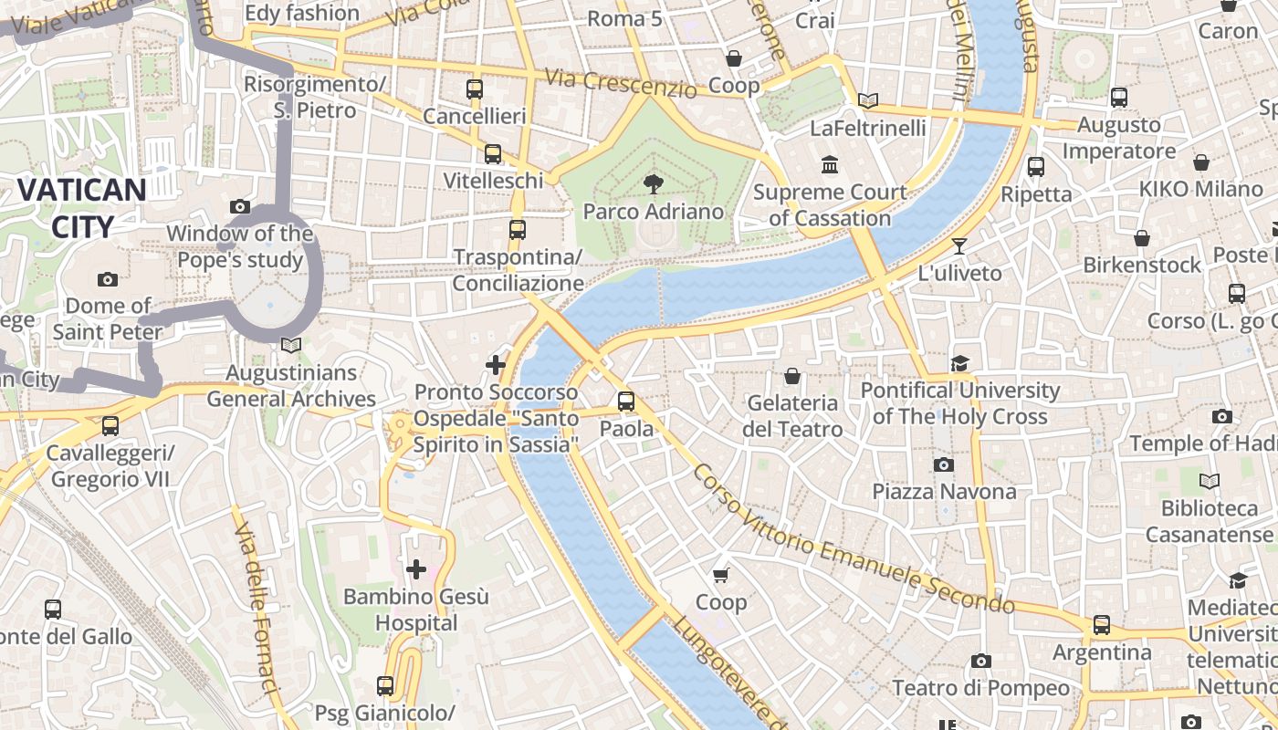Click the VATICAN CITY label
point(82,208)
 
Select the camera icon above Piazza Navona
point(944,464)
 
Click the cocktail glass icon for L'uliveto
point(958,245)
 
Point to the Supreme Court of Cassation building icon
point(830,165)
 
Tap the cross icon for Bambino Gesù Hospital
point(416,570)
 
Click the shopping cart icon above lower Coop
point(721,575)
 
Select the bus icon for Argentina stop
point(1102,625)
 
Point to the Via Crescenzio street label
point(621,82)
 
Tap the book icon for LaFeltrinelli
point(868,100)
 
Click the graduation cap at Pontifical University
point(959,364)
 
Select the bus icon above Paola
point(626,401)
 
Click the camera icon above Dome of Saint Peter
point(108,279)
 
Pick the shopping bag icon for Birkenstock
point(1142,238)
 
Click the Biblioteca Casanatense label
point(1210,521)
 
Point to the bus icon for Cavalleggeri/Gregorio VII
point(110,425)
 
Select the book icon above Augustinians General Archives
point(290,345)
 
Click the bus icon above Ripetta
point(1036,167)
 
